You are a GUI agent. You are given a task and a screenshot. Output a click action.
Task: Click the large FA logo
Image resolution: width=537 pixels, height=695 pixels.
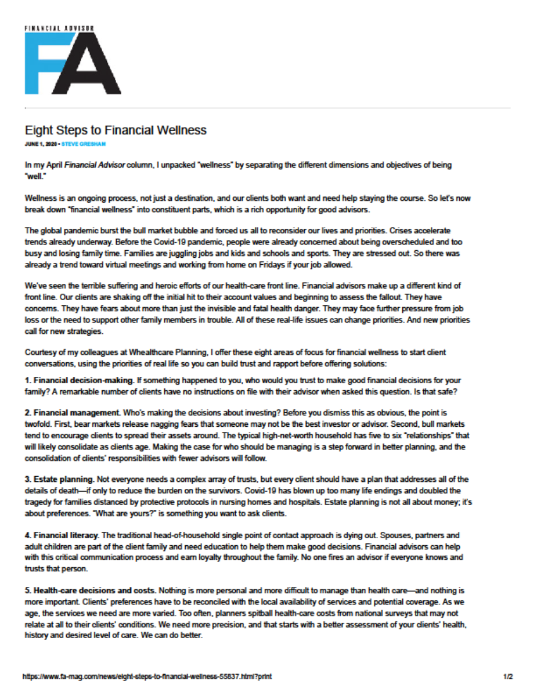click(x=73, y=63)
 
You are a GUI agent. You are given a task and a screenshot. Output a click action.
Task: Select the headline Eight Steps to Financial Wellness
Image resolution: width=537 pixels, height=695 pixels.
click(x=116, y=130)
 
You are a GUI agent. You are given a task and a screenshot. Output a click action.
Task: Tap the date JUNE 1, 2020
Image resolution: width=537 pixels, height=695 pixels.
click(x=40, y=143)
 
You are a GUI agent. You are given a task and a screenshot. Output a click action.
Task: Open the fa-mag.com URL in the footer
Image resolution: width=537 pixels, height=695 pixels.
click(x=147, y=677)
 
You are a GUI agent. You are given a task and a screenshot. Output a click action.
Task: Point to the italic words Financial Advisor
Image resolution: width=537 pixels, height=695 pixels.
click(x=90, y=165)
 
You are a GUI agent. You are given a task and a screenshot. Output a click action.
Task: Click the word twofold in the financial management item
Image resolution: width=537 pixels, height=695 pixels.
click(x=35, y=423)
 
